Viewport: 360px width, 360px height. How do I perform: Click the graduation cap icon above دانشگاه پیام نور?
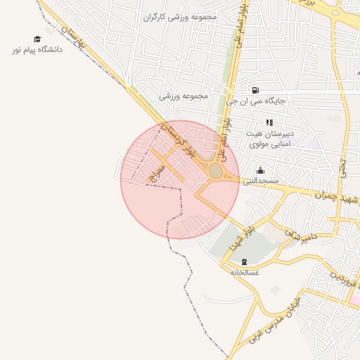pyautogui.click(x=37, y=39)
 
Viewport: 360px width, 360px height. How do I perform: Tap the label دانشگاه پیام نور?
pyautogui.click(x=37, y=51)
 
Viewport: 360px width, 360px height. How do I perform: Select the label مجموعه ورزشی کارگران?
pyautogui.click(x=180, y=16)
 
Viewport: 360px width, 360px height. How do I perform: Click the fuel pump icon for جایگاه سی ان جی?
pyautogui.click(x=255, y=90)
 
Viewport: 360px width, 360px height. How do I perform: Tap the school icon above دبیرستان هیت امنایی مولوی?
pyautogui.click(x=269, y=122)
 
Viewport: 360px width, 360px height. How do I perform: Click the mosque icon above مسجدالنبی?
pyautogui.click(x=261, y=170)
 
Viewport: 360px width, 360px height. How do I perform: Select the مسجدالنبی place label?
pyautogui.click(x=261, y=181)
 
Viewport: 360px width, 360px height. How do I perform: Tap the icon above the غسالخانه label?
pyautogui.click(x=244, y=262)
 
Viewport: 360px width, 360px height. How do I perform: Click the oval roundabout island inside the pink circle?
pyautogui.click(x=215, y=171)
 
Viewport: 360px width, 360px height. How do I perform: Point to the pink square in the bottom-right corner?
pyautogui.click(x=356, y=300)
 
